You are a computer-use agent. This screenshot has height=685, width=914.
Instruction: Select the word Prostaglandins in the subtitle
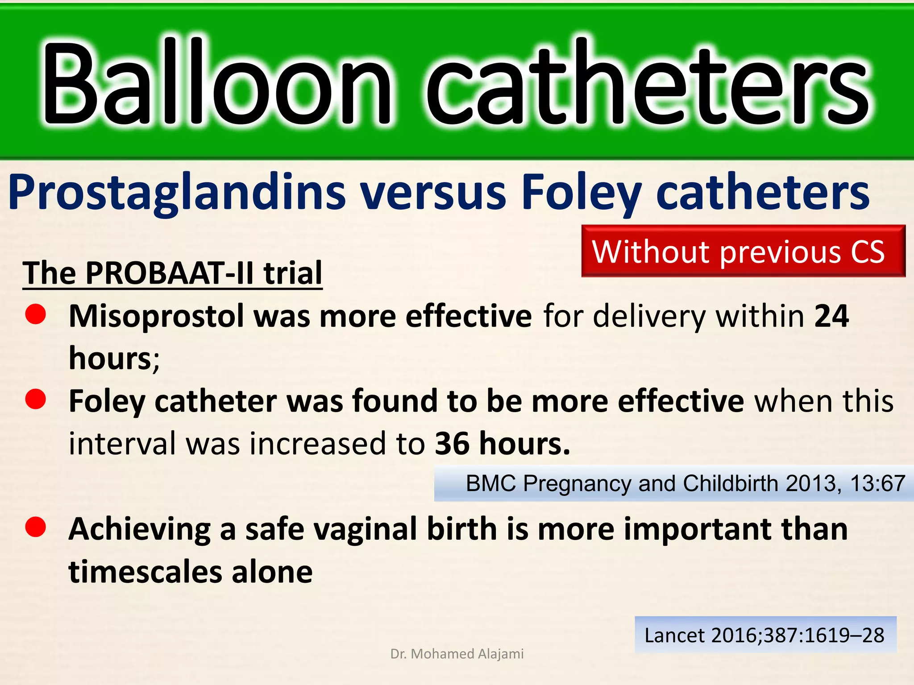point(177,193)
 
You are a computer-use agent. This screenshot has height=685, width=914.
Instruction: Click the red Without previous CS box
point(743,251)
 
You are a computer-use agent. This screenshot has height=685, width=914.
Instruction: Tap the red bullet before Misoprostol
point(36,314)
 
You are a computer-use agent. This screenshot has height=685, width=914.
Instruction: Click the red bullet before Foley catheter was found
point(36,399)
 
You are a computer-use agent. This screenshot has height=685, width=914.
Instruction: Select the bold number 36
point(452,444)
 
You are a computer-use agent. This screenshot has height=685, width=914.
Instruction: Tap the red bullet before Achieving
point(36,527)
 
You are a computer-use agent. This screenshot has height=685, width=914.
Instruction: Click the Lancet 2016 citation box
point(765,635)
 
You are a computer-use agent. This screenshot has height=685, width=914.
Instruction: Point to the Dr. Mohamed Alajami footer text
point(457,654)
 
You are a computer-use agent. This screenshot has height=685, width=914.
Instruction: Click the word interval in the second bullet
point(122,444)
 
